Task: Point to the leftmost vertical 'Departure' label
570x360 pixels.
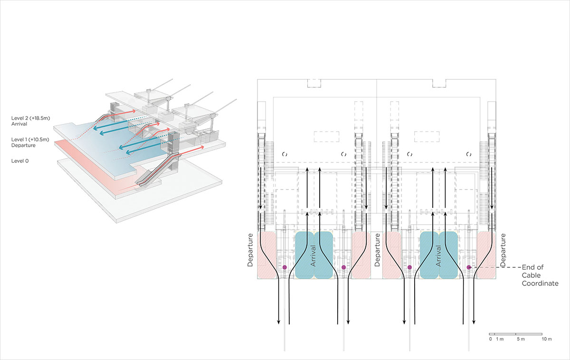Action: pos(250,249)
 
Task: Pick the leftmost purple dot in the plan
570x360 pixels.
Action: pos(285,267)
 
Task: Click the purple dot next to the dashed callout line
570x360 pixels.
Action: pos(468,267)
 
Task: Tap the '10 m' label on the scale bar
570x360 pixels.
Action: pos(547,339)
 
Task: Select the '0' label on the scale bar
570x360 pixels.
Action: pos(490,339)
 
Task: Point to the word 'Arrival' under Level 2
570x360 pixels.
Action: pos(20,123)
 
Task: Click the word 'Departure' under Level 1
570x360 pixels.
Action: pos(23,145)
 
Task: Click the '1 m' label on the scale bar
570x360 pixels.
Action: pos(500,339)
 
